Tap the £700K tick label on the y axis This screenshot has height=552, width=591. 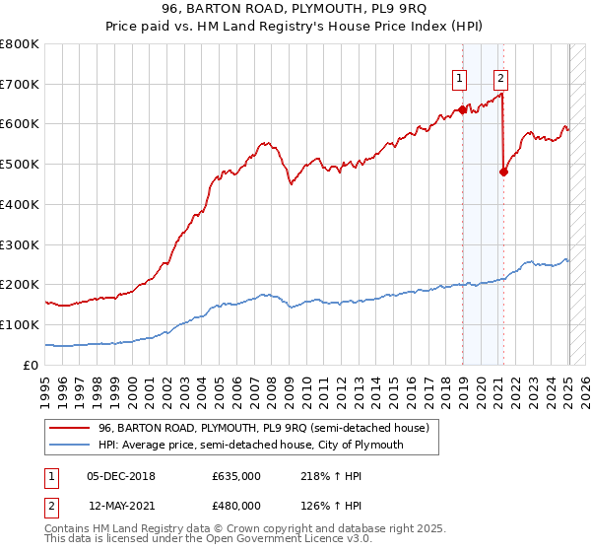tap(20, 84)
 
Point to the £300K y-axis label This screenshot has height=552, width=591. tap(20, 244)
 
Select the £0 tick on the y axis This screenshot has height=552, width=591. tap(32, 365)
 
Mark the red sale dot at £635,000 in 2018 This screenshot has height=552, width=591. tap(461, 109)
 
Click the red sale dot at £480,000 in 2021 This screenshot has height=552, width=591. tap(503, 172)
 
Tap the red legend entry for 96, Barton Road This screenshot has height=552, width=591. tap(263, 429)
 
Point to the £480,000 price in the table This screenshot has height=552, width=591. tap(236, 506)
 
